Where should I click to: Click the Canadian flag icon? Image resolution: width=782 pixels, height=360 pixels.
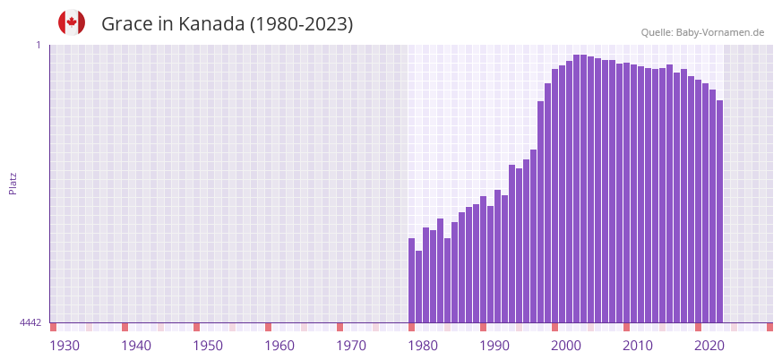click(x=72, y=22)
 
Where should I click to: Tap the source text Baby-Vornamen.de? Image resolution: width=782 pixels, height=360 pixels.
click(x=720, y=32)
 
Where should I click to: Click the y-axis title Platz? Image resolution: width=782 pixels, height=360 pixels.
click(x=13, y=183)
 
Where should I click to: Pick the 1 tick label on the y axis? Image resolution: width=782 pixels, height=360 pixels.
click(x=39, y=45)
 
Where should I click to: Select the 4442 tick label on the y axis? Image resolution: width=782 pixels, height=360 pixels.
click(x=30, y=322)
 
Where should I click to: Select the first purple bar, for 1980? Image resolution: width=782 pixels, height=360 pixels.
click(x=412, y=280)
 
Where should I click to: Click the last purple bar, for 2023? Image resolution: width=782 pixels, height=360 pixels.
click(x=719, y=211)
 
